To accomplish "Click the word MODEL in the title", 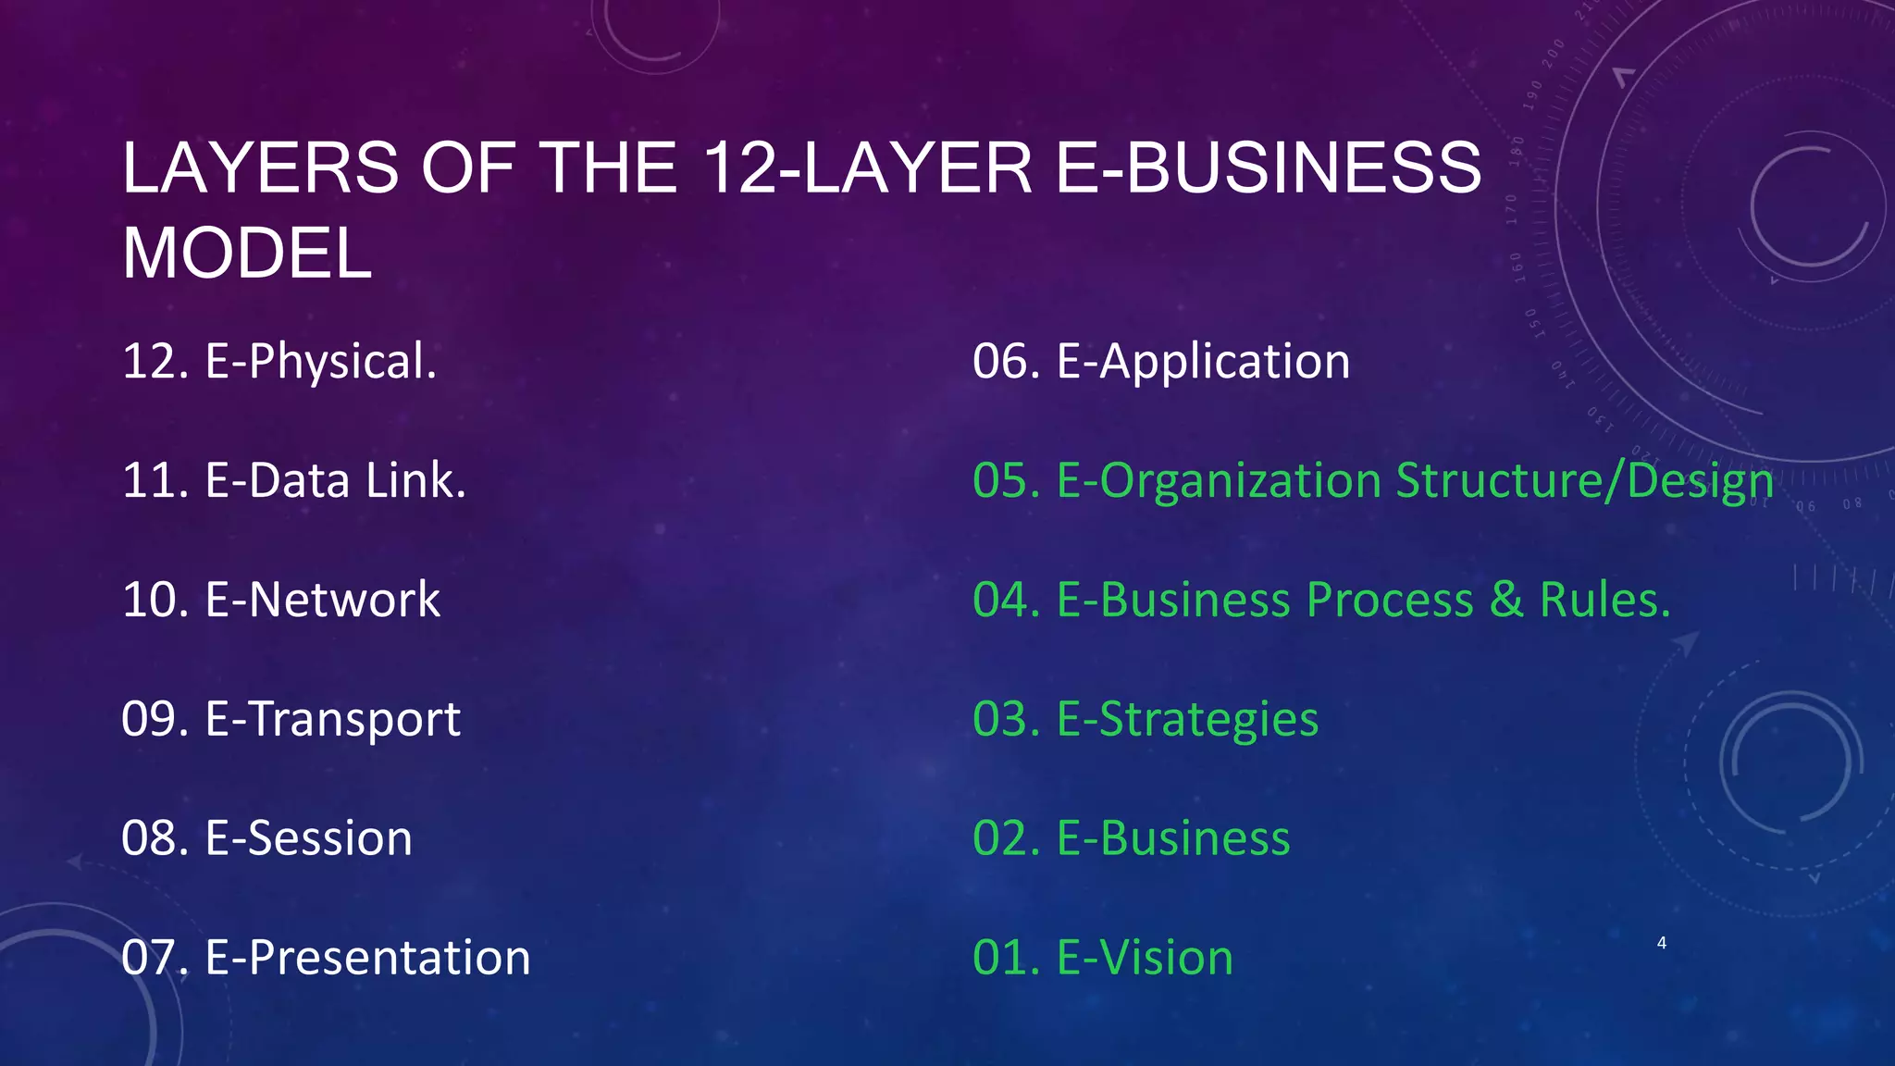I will click(247, 254).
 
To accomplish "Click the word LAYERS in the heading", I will click(260, 168).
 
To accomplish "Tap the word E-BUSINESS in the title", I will click(1269, 168).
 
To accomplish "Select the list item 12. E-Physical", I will click(279, 361).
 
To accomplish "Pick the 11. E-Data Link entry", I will click(293, 480).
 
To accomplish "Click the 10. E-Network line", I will click(280, 600).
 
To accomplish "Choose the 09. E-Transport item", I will click(291, 719).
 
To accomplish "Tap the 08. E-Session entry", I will click(266, 838).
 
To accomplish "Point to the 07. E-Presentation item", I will click(326, 958).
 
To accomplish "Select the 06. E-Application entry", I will click(1160, 361).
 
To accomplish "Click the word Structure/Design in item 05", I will click(1584, 480).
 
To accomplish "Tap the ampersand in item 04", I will click(1506, 600).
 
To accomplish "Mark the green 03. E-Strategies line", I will click(1145, 719).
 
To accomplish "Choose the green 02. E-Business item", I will click(1131, 838).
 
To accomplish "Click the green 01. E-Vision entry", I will click(1102, 958).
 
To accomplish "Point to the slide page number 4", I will click(1662, 943).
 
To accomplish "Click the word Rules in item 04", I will click(1604, 600).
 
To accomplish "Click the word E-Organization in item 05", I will click(1219, 480).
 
